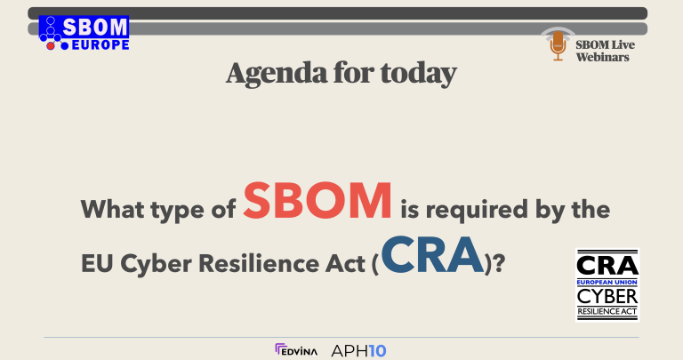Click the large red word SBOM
point(318,200)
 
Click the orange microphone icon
point(558,45)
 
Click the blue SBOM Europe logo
point(84,33)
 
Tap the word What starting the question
point(114,212)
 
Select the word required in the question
point(472,212)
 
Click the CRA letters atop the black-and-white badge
point(607,265)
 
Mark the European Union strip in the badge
point(607,281)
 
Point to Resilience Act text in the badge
point(607,312)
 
